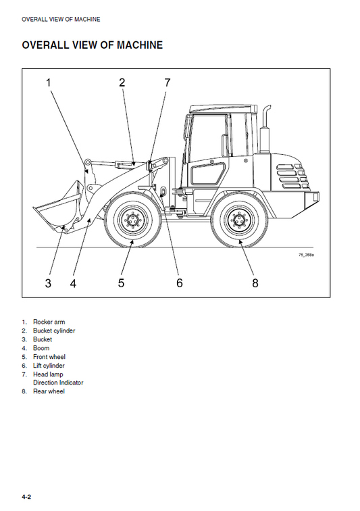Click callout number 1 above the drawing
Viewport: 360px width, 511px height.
click(48, 83)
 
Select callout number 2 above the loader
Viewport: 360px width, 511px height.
click(122, 83)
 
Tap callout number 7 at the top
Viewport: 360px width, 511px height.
click(168, 83)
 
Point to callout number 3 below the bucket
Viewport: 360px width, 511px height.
click(48, 283)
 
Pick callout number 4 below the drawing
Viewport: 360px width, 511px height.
click(73, 283)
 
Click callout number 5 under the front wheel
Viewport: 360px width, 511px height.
click(122, 283)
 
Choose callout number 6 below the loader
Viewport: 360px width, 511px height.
click(180, 283)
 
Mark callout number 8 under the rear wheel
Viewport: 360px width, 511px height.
click(255, 283)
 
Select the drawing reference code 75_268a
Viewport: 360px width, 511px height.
click(307, 255)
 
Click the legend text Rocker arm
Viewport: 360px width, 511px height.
click(49, 322)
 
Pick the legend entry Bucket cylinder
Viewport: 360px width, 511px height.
click(54, 331)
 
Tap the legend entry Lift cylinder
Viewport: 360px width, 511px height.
click(49, 366)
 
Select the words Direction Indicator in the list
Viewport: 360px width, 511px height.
click(58, 383)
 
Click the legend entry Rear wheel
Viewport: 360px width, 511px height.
click(49, 391)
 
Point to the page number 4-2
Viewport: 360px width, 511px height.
click(26, 497)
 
